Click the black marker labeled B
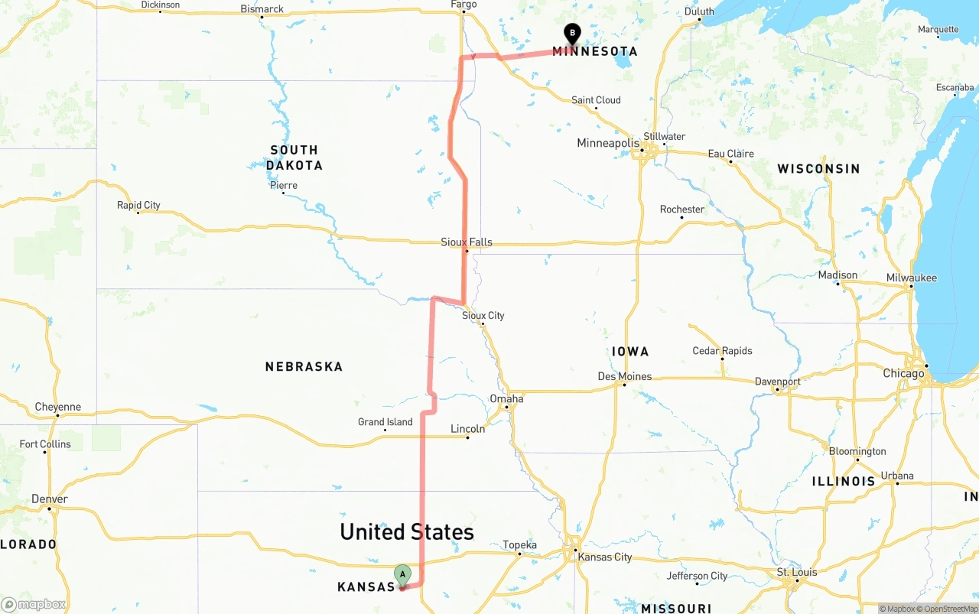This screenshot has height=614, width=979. (x=572, y=33)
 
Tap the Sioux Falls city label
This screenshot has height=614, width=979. (x=467, y=242)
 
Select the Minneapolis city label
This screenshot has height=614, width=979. (x=607, y=143)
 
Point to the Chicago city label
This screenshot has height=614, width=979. (x=903, y=374)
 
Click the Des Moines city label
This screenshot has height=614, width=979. (x=625, y=376)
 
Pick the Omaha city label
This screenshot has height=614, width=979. (x=506, y=398)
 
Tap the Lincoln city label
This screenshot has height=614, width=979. (x=467, y=429)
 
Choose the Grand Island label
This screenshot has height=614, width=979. (x=385, y=422)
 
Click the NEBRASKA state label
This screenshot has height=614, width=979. (x=304, y=367)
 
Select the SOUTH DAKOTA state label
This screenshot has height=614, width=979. (x=294, y=158)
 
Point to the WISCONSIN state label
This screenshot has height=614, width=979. (x=818, y=168)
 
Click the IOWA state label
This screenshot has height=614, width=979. (x=630, y=352)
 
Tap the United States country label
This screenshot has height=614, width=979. (x=407, y=531)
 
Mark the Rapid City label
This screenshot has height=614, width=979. (x=138, y=205)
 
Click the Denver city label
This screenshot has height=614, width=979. (x=50, y=499)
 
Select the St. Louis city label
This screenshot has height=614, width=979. (x=797, y=572)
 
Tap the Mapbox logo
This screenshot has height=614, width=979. (x=34, y=604)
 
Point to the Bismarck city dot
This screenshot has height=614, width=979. (x=262, y=17)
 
